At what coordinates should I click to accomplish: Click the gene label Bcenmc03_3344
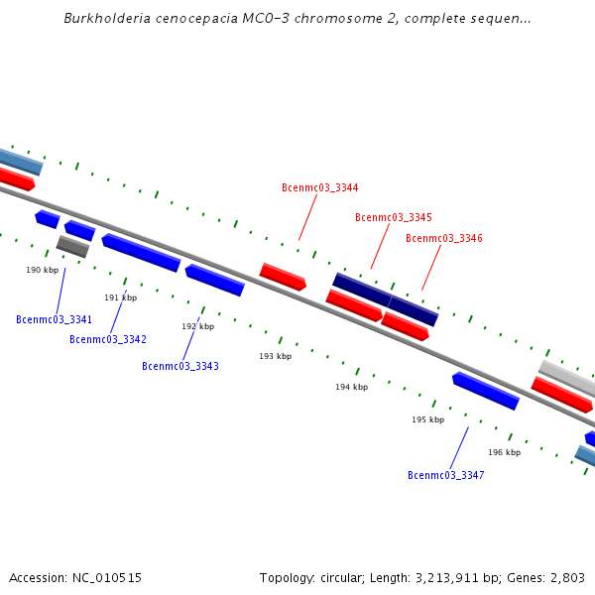319,187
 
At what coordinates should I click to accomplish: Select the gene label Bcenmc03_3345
394,217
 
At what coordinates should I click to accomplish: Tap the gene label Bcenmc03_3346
443,238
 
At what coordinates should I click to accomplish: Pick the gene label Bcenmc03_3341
54,319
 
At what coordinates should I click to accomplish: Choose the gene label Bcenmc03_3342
107,339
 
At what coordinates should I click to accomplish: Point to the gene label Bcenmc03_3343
179,366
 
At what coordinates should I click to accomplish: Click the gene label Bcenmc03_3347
445,475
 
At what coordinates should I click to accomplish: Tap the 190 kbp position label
42,270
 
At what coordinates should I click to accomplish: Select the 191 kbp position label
120,297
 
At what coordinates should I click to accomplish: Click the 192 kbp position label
197,326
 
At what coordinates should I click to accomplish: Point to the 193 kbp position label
275,356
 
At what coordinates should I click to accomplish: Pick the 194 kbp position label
351,387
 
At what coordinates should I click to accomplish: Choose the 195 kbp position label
427,419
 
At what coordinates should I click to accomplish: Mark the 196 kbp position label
504,452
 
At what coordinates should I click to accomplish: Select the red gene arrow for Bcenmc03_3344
283,277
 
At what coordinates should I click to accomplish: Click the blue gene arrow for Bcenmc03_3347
486,391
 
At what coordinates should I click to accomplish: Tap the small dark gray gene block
72,246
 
